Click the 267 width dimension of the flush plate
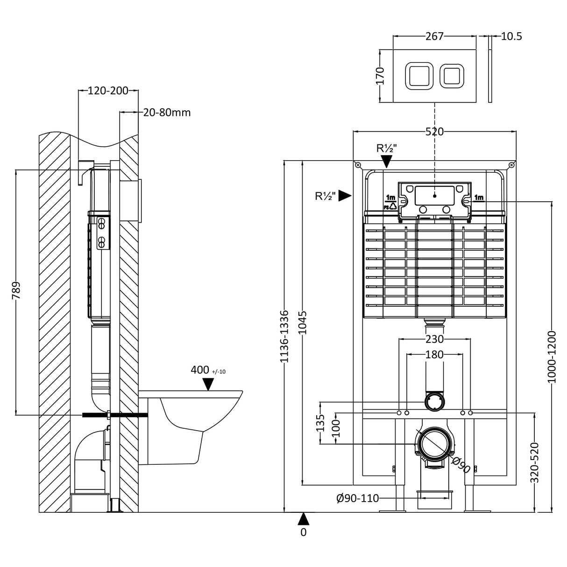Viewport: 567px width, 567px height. [434, 36]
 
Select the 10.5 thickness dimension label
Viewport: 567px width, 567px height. [511, 36]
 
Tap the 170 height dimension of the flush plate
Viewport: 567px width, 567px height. [380, 76]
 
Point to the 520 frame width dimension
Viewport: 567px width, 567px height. [434, 132]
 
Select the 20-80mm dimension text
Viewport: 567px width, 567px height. [167, 113]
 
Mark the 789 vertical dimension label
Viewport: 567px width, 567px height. [16, 291]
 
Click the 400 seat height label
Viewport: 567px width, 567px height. [200, 370]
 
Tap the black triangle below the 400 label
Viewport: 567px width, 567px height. [208, 384]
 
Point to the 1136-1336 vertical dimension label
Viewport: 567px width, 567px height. [284, 336]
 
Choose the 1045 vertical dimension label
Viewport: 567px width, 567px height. [303, 322]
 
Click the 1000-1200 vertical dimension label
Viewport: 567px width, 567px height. [552, 357]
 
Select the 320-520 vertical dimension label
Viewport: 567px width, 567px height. [535, 462]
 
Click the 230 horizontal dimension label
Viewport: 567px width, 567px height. [434, 340]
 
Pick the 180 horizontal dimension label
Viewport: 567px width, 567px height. [434, 355]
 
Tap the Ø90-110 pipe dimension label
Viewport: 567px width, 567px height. [357, 499]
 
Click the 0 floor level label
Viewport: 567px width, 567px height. [304, 532]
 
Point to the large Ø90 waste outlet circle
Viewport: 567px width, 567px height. [435, 443]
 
